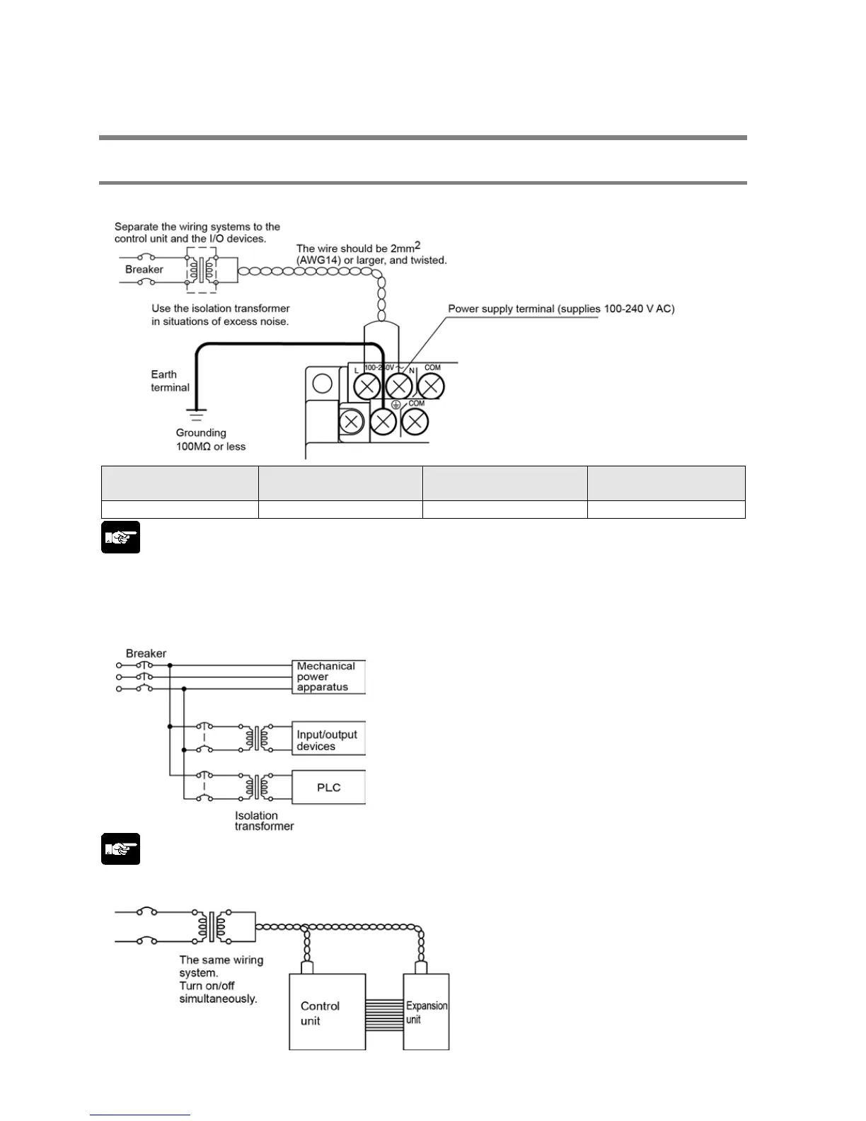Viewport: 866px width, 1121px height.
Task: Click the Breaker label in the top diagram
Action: [x=144, y=270]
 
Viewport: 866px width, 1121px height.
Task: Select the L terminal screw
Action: [x=367, y=386]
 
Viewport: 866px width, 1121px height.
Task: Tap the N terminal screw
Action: [x=399, y=386]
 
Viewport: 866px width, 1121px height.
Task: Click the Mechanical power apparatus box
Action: [x=328, y=677]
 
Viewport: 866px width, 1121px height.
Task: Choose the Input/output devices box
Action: [x=328, y=740]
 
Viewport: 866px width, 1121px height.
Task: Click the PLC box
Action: [x=328, y=788]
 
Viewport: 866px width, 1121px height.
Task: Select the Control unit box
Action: [x=327, y=1012]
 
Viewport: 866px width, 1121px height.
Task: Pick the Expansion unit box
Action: [x=426, y=1012]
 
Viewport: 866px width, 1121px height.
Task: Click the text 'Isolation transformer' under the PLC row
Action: [x=264, y=821]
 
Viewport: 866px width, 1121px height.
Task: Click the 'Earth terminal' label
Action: [x=170, y=381]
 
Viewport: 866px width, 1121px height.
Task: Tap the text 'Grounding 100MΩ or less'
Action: [x=210, y=439]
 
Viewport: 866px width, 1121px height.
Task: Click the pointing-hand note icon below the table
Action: [x=120, y=537]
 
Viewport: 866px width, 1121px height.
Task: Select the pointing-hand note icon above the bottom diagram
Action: [x=120, y=849]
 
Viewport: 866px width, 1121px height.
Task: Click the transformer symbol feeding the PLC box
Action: [x=256, y=786]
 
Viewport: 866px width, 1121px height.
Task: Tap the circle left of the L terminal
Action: [x=323, y=384]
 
